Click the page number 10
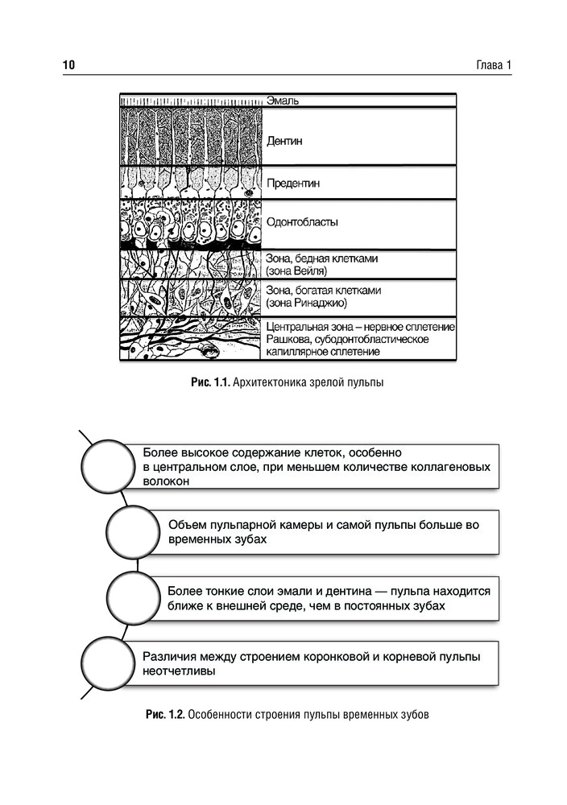click(68, 65)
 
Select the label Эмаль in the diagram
click(282, 101)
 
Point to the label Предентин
click(292, 184)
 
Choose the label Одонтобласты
click(301, 221)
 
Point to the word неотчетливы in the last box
click(178, 670)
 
